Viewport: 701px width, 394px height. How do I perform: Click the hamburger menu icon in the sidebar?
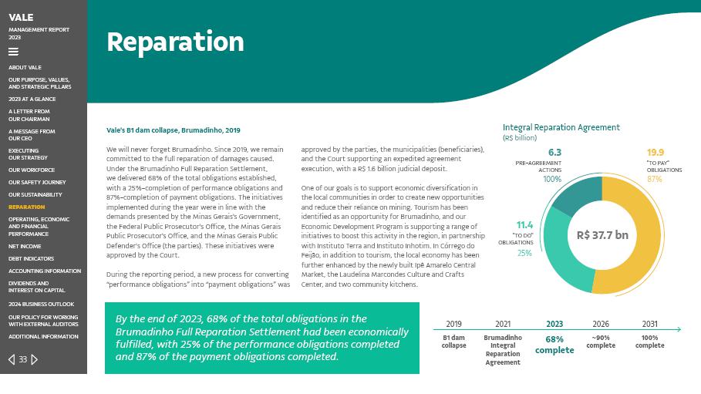(x=13, y=52)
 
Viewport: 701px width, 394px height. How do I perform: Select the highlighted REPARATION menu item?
(x=27, y=207)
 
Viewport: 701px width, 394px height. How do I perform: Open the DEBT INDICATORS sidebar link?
(x=32, y=258)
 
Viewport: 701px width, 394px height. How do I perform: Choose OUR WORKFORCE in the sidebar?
(x=32, y=170)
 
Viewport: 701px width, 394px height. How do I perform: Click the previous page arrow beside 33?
(x=12, y=359)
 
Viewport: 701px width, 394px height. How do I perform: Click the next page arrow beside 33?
(x=35, y=359)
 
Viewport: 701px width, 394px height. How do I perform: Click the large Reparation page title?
(x=175, y=42)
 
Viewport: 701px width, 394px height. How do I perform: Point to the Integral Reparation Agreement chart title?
(x=561, y=128)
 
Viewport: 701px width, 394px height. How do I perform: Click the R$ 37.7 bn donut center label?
(x=602, y=235)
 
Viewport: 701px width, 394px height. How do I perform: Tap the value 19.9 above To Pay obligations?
(x=656, y=153)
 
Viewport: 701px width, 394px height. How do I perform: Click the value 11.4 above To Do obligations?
(x=524, y=225)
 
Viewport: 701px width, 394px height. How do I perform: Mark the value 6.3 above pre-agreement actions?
(x=554, y=153)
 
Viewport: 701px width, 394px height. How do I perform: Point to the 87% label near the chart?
(x=654, y=179)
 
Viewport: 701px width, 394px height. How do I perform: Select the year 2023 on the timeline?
(x=554, y=324)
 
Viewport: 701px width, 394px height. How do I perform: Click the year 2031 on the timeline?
(x=650, y=324)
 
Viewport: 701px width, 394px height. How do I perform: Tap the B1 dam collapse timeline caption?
(x=453, y=342)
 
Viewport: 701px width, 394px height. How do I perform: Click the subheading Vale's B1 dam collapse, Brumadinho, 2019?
(x=174, y=131)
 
